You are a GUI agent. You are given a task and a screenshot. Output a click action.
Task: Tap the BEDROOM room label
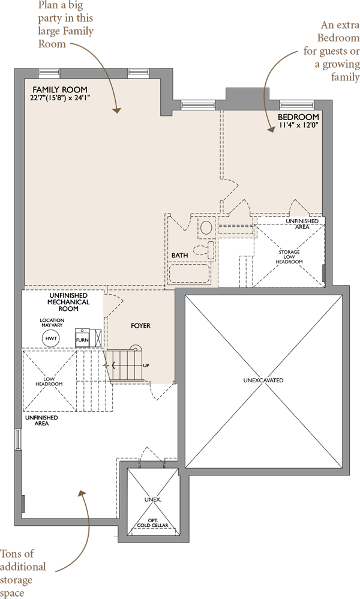[x=298, y=117]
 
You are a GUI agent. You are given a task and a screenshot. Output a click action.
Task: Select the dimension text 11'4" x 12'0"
[x=298, y=126]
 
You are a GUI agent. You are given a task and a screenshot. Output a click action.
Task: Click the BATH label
[x=179, y=255]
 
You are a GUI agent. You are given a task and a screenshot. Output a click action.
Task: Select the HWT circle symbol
[x=52, y=339]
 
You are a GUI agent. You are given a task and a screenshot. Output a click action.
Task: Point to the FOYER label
[x=140, y=326]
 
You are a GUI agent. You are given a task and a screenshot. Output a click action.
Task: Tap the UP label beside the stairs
[x=146, y=366]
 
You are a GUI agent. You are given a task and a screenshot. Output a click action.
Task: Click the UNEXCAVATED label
[x=263, y=381]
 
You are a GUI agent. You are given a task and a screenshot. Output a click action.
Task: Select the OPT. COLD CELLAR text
[x=154, y=522]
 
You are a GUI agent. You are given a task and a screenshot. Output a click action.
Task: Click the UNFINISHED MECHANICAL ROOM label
[x=68, y=302]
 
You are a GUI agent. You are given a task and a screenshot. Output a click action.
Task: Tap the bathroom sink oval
[x=206, y=228]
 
